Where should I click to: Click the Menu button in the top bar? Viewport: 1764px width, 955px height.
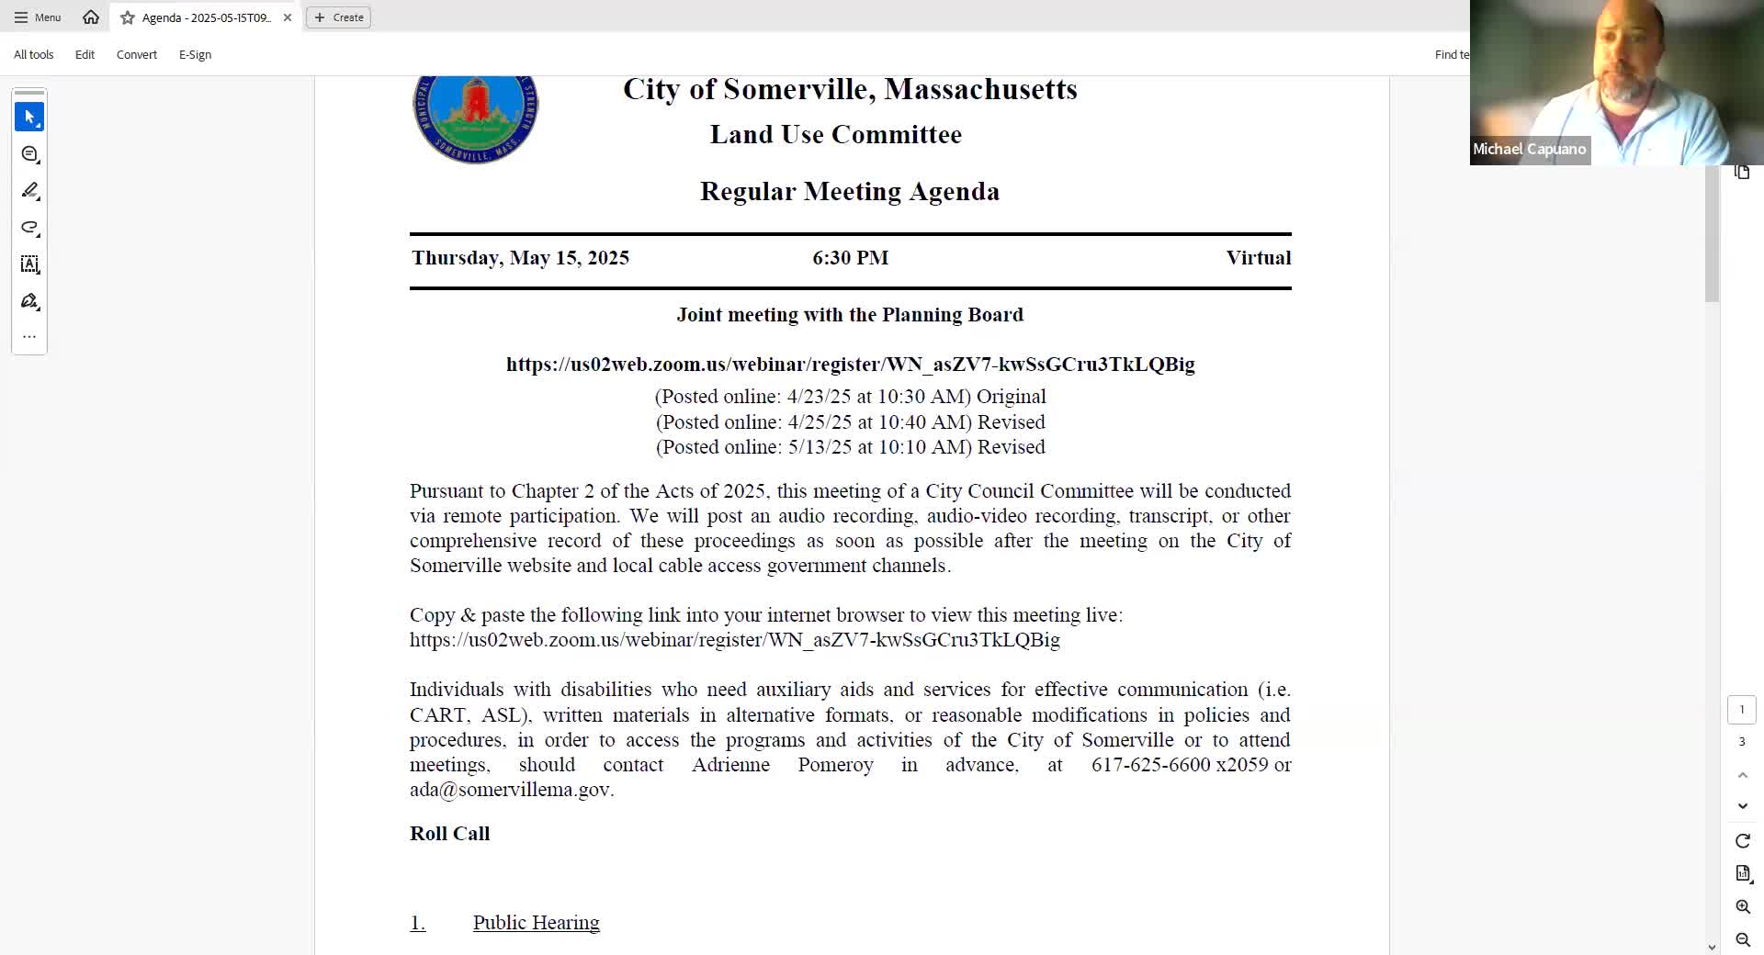tap(38, 17)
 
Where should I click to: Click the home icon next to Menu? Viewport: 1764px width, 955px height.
tap(91, 17)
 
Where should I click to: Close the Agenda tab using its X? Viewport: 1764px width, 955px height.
tap(288, 17)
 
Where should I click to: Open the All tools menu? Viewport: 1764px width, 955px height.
tap(34, 55)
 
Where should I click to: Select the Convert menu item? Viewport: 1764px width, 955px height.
tap(137, 55)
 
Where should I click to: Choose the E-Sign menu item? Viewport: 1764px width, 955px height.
tap(195, 55)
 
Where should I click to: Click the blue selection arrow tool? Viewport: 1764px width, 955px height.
tap(29, 118)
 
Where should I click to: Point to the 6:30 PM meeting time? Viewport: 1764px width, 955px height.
tap(850, 258)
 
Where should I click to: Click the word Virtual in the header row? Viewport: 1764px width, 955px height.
tap(1258, 258)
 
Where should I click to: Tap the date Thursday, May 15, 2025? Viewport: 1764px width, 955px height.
tap(520, 258)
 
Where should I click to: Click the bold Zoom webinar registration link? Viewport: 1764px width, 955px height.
tap(850, 365)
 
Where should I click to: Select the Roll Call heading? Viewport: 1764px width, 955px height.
tap(449, 834)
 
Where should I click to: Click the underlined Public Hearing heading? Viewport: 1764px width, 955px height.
tap(536, 923)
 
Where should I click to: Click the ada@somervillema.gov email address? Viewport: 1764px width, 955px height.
tap(510, 790)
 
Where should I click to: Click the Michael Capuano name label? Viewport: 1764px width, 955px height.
tap(1529, 150)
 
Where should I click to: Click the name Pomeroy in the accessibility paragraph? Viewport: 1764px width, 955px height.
tap(835, 765)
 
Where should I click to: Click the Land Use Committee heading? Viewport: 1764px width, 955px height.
tap(835, 135)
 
